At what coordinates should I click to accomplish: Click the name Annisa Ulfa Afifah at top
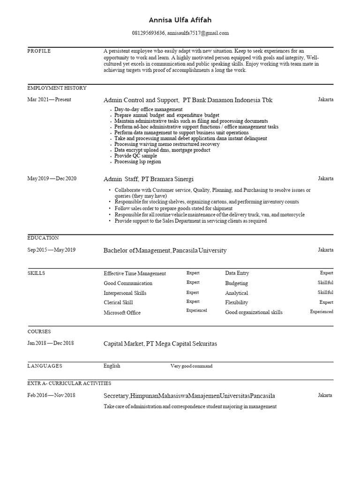[x=180, y=20]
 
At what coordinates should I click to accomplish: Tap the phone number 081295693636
[x=149, y=33]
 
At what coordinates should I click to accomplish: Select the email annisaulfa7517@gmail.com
[x=198, y=33]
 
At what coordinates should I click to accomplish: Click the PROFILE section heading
[x=39, y=51]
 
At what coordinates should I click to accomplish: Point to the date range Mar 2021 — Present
[x=49, y=99]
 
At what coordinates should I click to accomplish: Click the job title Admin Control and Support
[x=141, y=100]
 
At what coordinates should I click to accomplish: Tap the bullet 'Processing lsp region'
[x=137, y=161]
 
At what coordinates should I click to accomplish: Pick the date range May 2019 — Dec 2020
[x=52, y=179]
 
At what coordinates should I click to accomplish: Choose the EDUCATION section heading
[x=43, y=238]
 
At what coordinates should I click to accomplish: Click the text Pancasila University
[x=199, y=250]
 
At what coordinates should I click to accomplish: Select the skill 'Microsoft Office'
[x=122, y=313]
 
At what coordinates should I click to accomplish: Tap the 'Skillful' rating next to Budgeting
[x=325, y=283]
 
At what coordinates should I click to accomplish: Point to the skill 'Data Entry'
[x=237, y=273]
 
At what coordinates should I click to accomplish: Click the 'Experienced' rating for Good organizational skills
[x=322, y=312]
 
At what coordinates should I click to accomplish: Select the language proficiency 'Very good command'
[x=191, y=366]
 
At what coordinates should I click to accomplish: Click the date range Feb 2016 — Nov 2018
[x=51, y=395]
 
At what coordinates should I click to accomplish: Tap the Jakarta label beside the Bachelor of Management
[x=326, y=250]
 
